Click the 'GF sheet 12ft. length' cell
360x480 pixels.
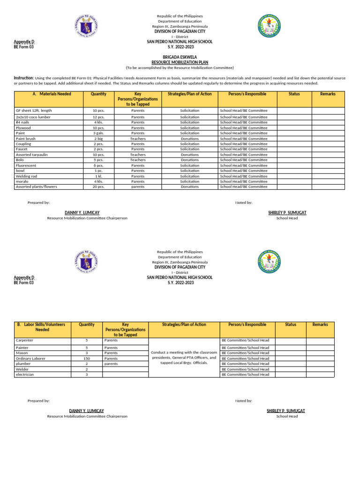click(34, 111)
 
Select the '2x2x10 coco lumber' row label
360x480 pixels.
click(33, 117)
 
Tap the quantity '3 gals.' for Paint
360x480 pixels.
click(98, 133)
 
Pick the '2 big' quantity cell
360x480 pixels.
click(98, 139)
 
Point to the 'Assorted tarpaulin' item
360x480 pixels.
click(32, 155)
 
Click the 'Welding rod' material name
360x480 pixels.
click(26, 176)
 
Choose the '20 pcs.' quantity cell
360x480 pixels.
click(98, 187)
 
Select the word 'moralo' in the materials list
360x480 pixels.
click(22, 181)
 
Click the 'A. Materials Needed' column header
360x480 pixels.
click(49, 94)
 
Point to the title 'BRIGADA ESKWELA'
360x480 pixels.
click(180, 57)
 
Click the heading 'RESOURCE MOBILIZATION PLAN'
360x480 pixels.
click(180, 62)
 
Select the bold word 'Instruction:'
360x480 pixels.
click(23, 77)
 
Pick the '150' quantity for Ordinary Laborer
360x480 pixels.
click(87, 359)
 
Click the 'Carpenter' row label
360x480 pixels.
click(24, 340)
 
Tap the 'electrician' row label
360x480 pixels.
click(25, 375)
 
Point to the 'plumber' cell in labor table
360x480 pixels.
click(23, 364)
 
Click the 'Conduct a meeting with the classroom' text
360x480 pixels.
click(184, 352)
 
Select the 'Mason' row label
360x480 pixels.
click(22, 353)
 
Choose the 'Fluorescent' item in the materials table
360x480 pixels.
click(26, 165)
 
